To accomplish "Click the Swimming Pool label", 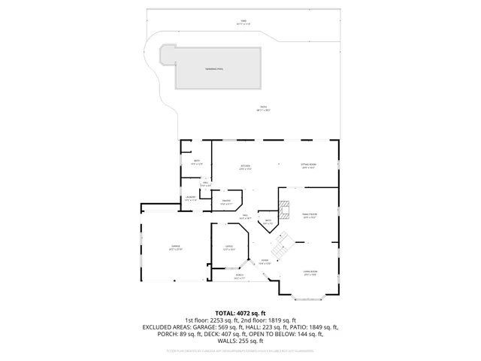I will (214, 68).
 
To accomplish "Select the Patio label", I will (263, 108).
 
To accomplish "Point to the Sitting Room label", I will (309, 166).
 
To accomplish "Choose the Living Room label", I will (310, 272).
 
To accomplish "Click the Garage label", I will (175, 247).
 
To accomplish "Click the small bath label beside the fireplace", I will (268, 221).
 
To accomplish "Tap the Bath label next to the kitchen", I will (197, 162).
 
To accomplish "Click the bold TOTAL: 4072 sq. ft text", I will (240, 313).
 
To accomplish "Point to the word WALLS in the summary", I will (225, 341).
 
